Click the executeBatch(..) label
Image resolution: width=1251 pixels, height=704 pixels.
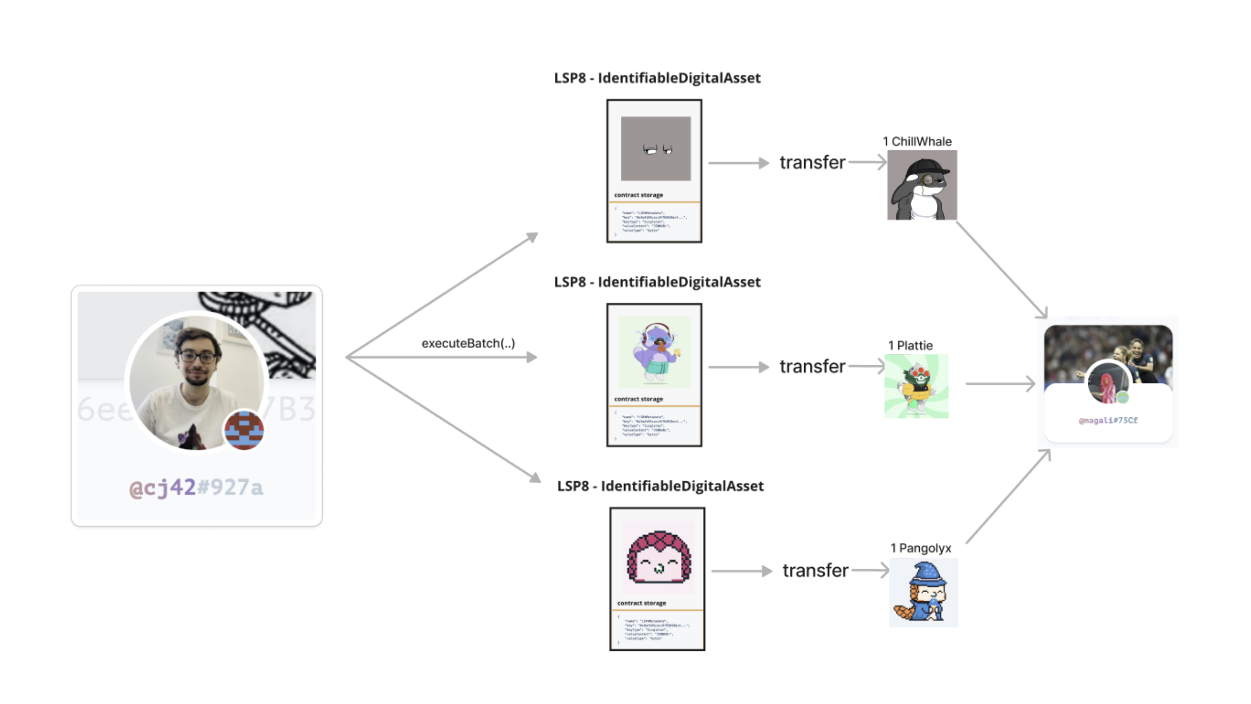(468, 343)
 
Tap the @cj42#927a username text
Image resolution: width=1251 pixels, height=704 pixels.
(196, 487)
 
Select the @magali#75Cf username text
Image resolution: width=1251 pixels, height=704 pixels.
(1108, 420)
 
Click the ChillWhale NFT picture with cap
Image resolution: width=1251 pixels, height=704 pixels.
(922, 185)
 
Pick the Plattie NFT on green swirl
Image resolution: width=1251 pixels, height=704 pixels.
(916, 386)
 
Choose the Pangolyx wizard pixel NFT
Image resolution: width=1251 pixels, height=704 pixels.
(923, 593)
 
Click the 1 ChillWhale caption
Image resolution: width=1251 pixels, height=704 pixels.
(917, 141)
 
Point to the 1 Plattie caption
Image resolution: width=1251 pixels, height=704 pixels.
(910, 345)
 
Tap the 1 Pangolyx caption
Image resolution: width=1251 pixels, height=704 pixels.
(920, 548)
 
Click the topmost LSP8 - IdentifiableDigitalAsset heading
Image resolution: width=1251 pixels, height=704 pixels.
(657, 78)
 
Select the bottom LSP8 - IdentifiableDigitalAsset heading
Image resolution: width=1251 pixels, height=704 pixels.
(660, 486)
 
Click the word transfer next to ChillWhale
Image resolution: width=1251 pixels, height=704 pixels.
(812, 162)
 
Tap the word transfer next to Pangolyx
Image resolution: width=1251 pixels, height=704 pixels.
(815, 571)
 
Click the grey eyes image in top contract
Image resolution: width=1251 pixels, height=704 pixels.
(656, 149)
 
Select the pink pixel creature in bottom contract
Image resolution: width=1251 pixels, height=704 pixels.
(658, 556)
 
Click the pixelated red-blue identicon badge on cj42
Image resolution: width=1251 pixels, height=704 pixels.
(244, 430)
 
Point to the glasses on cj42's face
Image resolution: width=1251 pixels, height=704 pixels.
(198, 357)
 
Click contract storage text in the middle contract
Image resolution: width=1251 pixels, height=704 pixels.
(638, 399)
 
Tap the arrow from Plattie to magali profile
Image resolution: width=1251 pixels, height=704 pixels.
(1000, 383)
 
